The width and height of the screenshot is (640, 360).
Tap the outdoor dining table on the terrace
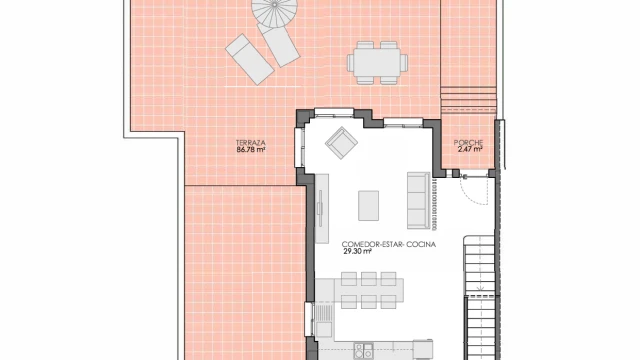coord(377,63)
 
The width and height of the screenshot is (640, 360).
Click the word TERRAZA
coord(251,143)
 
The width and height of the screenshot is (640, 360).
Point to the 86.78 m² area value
coord(251,150)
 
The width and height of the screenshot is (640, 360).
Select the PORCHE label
coord(468,142)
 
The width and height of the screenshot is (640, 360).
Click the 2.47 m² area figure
coord(470,149)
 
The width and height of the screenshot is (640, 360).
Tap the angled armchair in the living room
coord(342,142)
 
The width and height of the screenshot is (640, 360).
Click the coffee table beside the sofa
coord(368,205)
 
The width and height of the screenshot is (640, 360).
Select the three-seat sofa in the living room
coord(418,200)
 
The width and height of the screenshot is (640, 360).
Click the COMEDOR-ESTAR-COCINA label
coord(389,244)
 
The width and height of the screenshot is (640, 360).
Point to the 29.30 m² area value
coord(357,251)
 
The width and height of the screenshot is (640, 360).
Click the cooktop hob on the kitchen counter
coord(363,351)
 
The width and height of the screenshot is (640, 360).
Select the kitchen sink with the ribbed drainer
coord(324,321)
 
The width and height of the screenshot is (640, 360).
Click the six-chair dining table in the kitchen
coord(369,290)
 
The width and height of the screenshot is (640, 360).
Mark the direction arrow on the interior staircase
coord(481,288)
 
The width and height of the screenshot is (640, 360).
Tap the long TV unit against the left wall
coord(322,209)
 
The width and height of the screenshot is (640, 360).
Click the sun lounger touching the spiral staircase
coord(279,45)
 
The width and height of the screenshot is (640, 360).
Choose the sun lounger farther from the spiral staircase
coord(249,59)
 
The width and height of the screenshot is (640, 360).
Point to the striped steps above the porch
coord(469,100)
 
